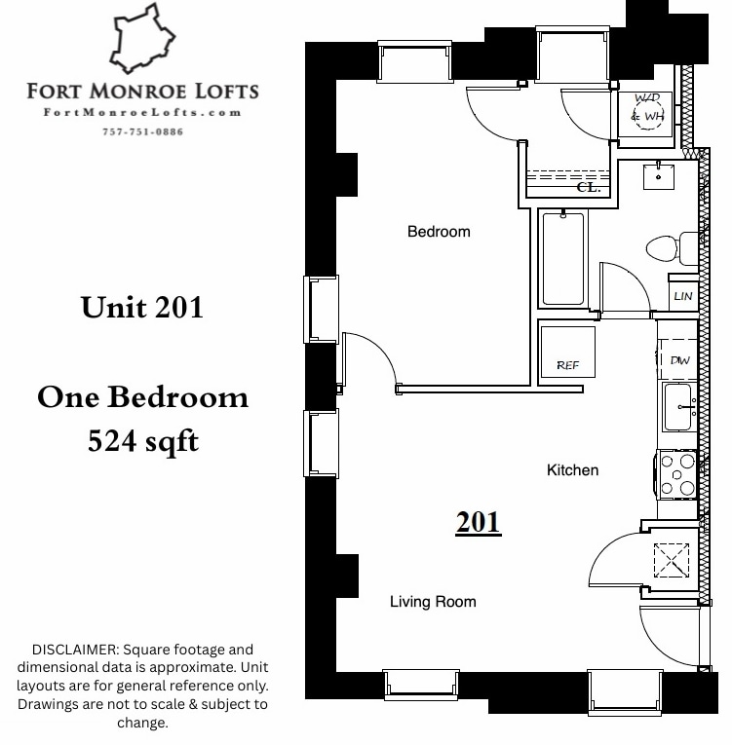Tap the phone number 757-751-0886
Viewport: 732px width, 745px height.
142,131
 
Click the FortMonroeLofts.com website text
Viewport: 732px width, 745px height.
142,113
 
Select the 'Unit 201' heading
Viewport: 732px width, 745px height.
142,307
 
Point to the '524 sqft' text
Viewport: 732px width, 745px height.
142,441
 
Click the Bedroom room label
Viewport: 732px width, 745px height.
439,232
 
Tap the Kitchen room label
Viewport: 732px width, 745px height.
572,470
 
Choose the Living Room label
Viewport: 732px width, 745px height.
433,602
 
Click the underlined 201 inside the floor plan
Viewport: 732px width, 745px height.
478,522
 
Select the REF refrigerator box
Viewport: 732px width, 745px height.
567,352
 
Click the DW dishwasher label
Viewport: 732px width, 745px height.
679,360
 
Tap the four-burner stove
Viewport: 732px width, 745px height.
677,474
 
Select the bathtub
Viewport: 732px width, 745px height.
563,259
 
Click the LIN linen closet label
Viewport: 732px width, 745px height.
682,296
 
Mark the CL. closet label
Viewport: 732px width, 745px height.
588,187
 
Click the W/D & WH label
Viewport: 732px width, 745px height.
646,109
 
